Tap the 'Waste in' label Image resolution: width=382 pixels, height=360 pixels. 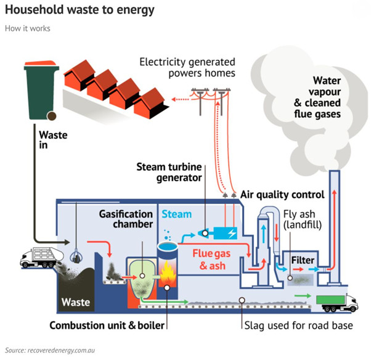[x=52, y=140]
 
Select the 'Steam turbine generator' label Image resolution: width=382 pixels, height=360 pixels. [x=169, y=172]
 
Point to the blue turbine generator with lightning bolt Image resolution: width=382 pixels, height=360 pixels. [x=222, y=234]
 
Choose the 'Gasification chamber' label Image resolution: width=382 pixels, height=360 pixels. [x=126, y=219]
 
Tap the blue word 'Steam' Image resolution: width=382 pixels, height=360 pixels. [x=177, y=215]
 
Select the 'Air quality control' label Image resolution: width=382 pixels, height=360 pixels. [x=282, y=195]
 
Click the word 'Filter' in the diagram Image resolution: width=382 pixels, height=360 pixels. [x=303, y=260]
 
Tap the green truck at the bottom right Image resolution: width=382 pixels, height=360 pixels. [x=336, y=302]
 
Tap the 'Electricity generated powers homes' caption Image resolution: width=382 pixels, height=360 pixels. [x=187, y=67]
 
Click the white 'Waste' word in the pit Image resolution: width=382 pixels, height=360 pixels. [x=76, y=302]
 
